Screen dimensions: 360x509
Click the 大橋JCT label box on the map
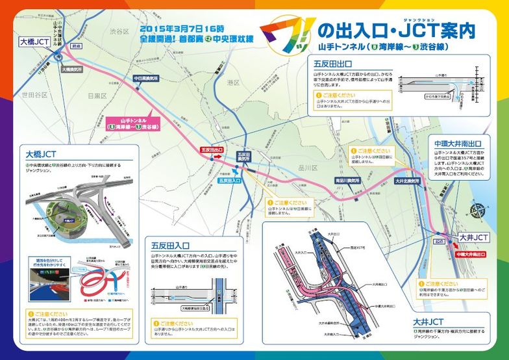(x=34, y=42)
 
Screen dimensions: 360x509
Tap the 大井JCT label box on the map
(x=472, y=238)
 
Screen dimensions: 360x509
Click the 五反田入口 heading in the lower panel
(x=170, y=246)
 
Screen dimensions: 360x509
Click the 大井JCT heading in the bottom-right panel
(x=428, y=321)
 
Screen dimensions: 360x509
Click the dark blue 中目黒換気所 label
(x=146, y=78)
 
